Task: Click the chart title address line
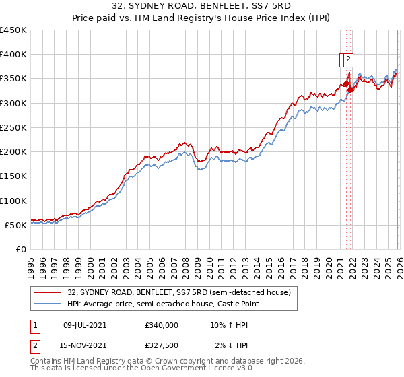pos(202,7)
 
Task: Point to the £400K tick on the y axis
pos(13,55)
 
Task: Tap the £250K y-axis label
pos(13,127)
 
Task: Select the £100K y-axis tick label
pos(13,201)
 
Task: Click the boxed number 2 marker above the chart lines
pos(349,59)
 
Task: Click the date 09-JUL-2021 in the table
pos(85,324)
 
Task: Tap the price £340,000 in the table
pos(162,324)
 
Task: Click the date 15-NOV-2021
pos(85,347)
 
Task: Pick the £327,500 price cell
pos(162,347)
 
